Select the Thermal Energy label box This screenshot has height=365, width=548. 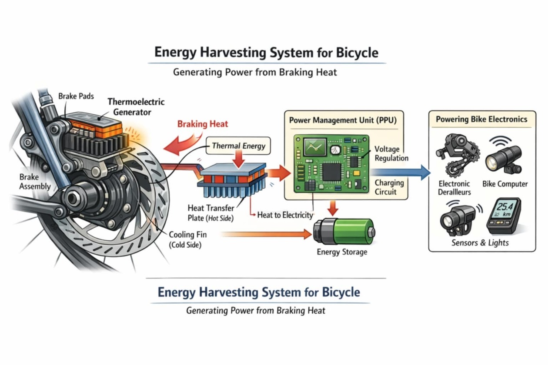pyautogui.click(x=238, y=146)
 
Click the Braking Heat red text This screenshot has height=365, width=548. pyautogui.click(x=203, y=124)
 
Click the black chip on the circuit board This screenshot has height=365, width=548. pyautogui.click(x=332, y=173)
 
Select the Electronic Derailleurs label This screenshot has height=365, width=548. pyautogui.click(x=454, y=188)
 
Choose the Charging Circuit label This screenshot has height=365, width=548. pyautogui.click(x=389, y=187)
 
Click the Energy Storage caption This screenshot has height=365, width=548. pyautogui.click(x=342, y=252)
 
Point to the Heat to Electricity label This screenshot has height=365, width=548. pyautogui.click(x=285, y=215)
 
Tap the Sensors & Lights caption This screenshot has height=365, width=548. pyautogui.click(x=480, y=242)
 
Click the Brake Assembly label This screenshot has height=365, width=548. pyautogui.click(x=35, y=182)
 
